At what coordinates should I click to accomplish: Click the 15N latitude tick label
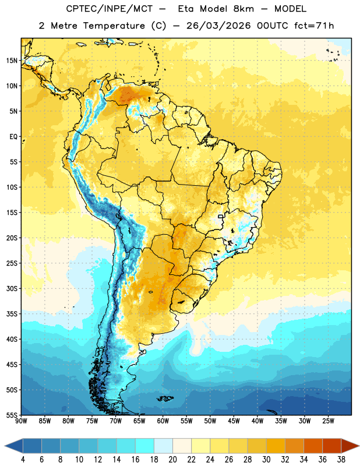click(12, 61)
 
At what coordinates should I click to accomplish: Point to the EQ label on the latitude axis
click(13, 137)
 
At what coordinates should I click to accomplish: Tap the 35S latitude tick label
click(12, 314)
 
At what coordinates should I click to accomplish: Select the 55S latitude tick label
click(12, 415)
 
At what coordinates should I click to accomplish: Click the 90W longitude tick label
click(21, 421)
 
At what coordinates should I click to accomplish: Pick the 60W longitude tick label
click(163, 421)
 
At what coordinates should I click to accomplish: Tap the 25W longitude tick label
click(328, 421)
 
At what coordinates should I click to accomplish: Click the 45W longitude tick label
click(234, 421)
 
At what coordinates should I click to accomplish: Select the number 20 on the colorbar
click(172, 460)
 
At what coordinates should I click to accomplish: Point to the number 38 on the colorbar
click(341, 460)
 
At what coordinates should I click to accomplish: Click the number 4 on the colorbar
click(23, 460)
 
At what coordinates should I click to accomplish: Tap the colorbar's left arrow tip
click(5, 446)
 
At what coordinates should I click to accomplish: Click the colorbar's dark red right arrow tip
click(359, 446)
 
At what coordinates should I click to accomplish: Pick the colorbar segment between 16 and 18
click(145, 446)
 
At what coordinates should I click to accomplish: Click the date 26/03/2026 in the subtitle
click(218, 26)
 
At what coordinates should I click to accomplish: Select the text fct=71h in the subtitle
click(314, 26)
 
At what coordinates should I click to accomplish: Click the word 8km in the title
click(243, 9)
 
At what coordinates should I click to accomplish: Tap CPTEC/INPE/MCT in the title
click(109, 9)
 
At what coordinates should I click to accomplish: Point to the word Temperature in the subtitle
click(114, 26)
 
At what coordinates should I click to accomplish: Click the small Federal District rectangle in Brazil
click(221, 216)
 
